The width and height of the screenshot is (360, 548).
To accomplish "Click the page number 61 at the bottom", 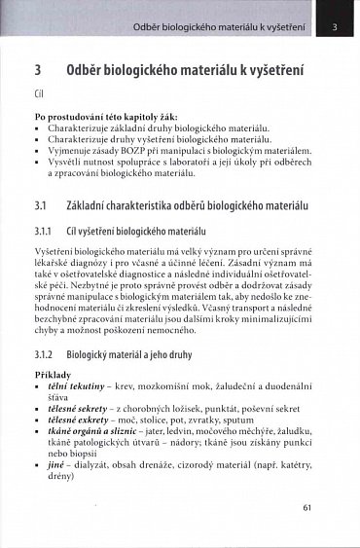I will coord(306,506).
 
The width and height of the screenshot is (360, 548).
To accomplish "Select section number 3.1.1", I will coord(46,231).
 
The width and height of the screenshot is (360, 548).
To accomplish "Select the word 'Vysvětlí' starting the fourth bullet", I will coord(64,163).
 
